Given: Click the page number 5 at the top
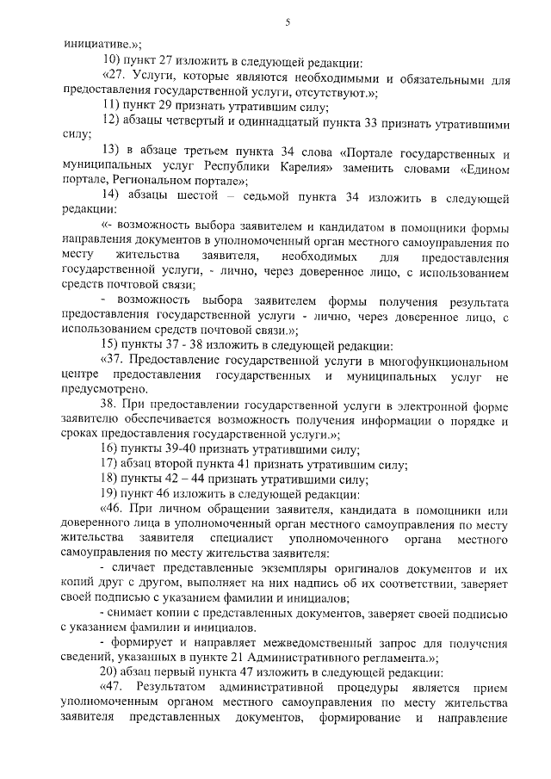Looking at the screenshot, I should (x=287, y=22).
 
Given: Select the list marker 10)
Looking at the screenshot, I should (x=113, y=61).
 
